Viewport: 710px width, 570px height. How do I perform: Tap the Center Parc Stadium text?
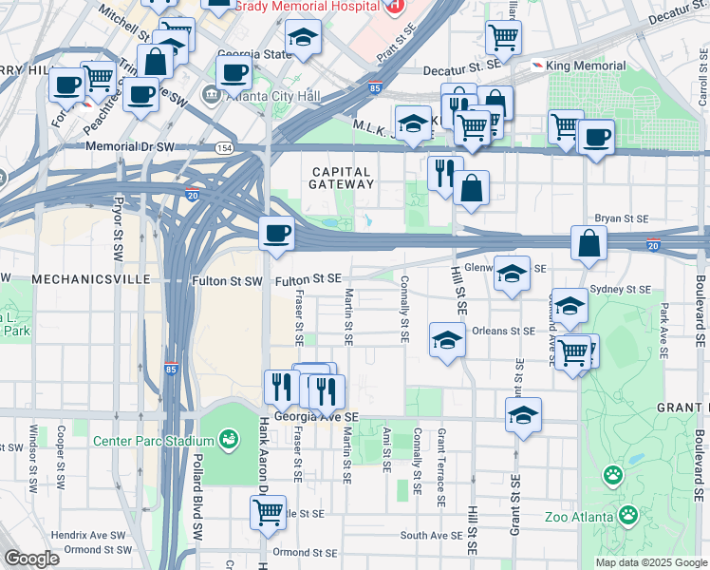tap(153, 441)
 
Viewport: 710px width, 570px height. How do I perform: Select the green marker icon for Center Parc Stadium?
tap(228, 439)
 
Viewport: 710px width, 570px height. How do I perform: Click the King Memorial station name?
tap(587, 65)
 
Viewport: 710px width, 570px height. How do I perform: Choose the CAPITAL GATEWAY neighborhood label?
tap(343, 177)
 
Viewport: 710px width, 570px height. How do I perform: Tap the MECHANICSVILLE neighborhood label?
tap(92, 279)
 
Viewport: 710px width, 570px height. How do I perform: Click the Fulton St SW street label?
tap(226, 280)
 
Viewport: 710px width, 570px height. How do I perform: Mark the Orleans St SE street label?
tap(504, 332)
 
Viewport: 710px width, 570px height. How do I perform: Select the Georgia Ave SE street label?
tap(316, 417)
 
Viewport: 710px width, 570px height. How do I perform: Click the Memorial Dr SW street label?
tap(132, 147)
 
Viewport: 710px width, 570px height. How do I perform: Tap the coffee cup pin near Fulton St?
tap(276, 233)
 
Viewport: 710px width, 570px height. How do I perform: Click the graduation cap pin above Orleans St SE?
tap(447, 340)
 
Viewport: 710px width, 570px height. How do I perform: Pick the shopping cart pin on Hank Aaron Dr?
tap(269, 512)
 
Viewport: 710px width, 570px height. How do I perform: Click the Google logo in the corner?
tap(30, 558)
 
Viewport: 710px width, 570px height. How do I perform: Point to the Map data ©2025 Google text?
tap(650, 562)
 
